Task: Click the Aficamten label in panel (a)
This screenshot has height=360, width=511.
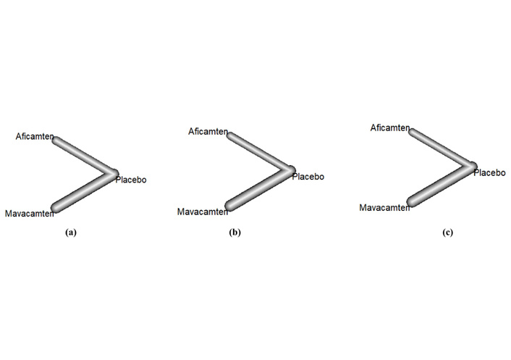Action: pyautogui.click(x=35, y=136)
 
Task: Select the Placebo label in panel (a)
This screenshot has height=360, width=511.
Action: pyautogui.click(x=131, y=180)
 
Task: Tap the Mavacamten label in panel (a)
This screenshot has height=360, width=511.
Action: pyautogui.click(x=30, y=214)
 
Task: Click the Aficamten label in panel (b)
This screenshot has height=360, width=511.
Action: pyautogui.click(x=208, y=131)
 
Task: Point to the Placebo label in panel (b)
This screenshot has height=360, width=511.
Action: pyautogui.click(x=308, y=177)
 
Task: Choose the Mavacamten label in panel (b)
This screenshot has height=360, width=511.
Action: pyautogui.click(x=203, y=212)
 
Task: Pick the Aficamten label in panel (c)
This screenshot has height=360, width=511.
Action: pyautogui.click(x=390, y=127)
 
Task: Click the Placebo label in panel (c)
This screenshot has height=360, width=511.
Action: pyautogui.click(x=489, y=172)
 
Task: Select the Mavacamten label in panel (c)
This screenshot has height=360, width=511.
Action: pyautogui.click(x=384, y=207)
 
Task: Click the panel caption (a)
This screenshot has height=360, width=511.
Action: pyautogui.click(x=71, y=233)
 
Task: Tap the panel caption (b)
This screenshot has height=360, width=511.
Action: pyautogui.click(x=235, y=233)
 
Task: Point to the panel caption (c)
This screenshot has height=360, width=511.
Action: pyautogui.click(x=448, y=233)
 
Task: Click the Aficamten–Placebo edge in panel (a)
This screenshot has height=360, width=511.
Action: pyautogui.click(x=85, y=157)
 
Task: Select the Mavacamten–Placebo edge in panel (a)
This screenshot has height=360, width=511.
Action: pyautogui.click(x=85, y=191)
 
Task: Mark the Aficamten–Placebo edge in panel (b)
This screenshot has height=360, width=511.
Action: pyautogui.click(x=261, y=152)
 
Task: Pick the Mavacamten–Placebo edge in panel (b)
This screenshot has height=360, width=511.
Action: pyautogui.click(x=261, y=188)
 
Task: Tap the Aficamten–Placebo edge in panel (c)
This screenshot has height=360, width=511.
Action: pyautogui.click(x=443, y=148)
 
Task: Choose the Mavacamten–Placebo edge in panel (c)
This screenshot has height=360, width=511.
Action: pyautogui.click(x=442, y=184)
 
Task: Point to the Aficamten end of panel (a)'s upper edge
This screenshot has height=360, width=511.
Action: pyautogui.click(x=56, y=141)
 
